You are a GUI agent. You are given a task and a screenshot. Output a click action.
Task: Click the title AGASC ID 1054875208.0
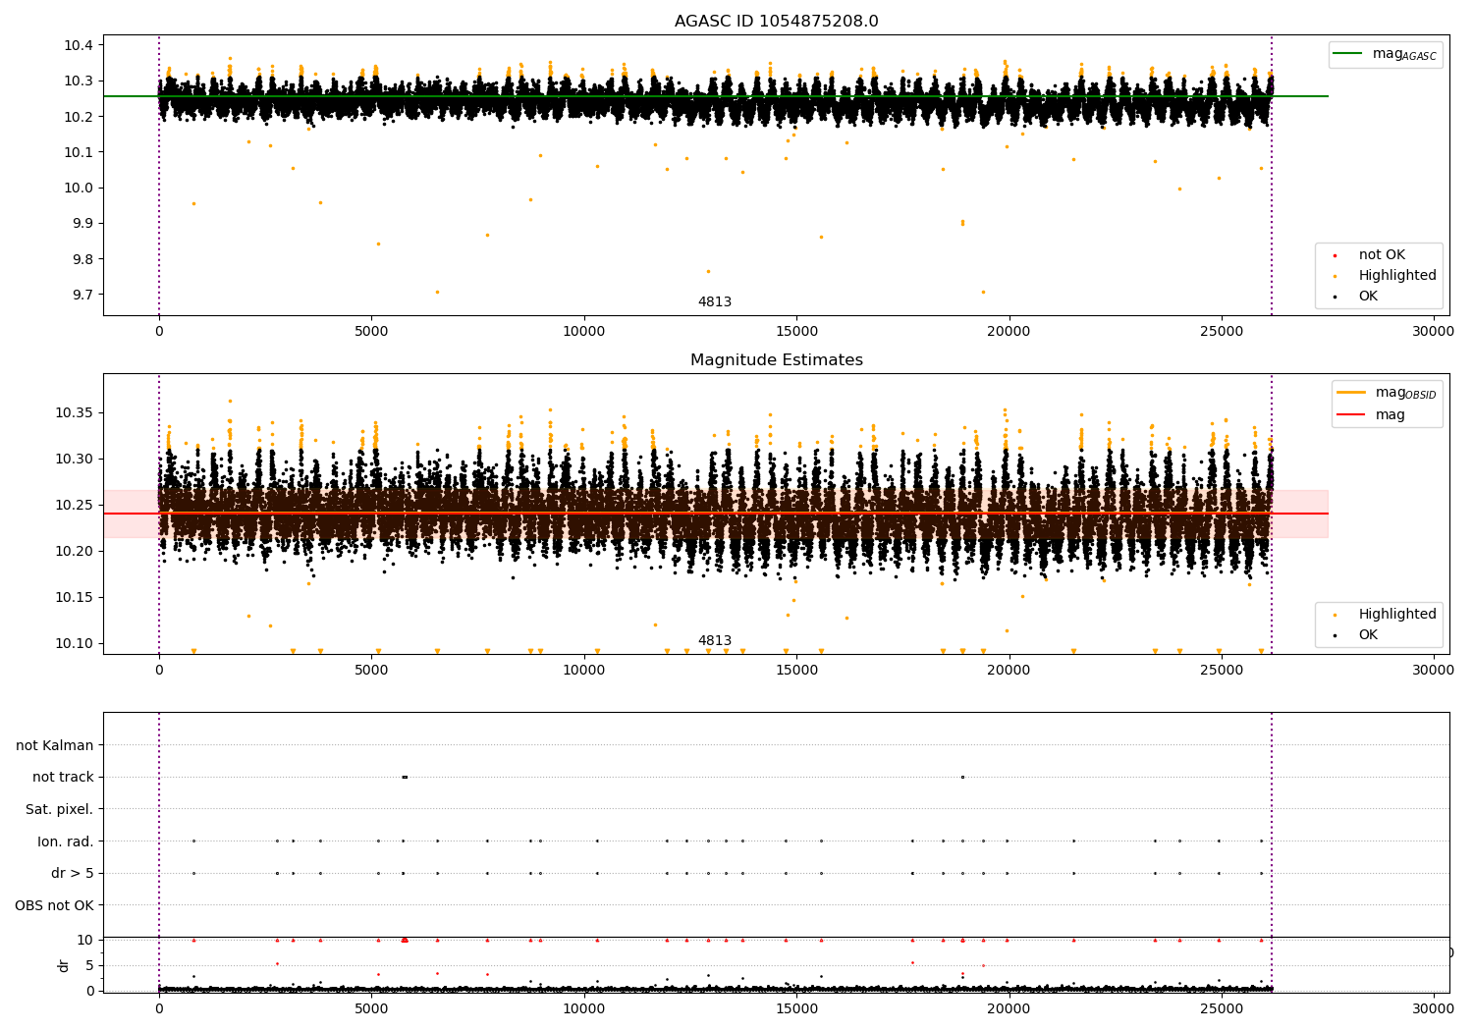pos(776,22)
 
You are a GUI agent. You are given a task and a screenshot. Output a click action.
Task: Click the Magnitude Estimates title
pos(776,360)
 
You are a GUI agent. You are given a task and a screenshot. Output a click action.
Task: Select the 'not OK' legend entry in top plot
pos(1381,255)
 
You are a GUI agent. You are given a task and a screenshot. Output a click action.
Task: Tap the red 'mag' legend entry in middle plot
pos(1390,415)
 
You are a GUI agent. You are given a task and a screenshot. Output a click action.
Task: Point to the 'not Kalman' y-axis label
pos(55,745)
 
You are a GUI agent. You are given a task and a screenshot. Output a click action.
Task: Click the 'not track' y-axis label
pos(63,778)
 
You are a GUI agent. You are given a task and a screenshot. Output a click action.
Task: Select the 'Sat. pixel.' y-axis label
pos(59,809)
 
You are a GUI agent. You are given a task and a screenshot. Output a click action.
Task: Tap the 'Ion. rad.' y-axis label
pos(66,841)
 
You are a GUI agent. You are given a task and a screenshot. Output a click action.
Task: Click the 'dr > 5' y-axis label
pos(72,873)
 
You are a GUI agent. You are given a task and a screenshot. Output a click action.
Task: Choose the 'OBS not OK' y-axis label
pos(54,905)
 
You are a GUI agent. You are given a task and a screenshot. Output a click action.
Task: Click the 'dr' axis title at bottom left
pos(64,965)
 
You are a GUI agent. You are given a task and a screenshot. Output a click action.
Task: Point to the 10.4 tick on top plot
pos(79,45)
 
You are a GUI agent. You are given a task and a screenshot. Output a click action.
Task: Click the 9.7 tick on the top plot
pos(82,295)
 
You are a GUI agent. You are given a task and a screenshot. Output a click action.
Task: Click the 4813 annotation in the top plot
pos(715,302)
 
